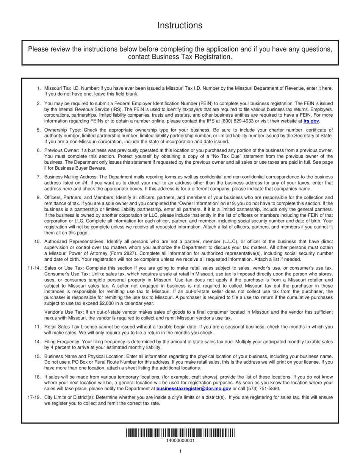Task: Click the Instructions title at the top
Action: [180, 25]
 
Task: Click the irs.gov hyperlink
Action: [311, 121]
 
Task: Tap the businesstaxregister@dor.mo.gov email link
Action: [194, 388]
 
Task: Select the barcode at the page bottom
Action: [180, 433]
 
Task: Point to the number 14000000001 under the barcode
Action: [180, 441]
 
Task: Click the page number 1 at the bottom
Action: [180, 451]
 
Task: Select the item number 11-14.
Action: [34, 268]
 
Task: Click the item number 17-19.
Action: [34, 397]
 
